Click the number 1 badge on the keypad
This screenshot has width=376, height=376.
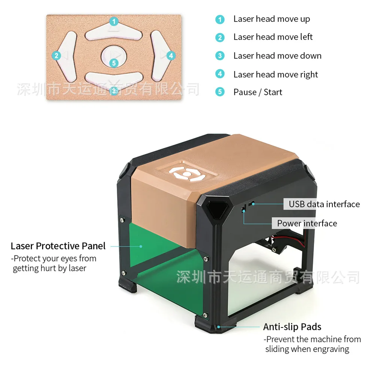(114, 21)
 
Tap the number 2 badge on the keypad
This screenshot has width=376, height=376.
(56, 56)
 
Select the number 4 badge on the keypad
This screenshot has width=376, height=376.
(171, 56)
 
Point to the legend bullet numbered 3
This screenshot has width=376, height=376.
(220, 56)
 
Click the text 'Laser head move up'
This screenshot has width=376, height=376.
(272, 19)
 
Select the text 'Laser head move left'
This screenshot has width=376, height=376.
(273, 37)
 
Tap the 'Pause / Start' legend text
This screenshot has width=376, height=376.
(258, 92)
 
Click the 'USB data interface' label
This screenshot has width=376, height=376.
(324, 204)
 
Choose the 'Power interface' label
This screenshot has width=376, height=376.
(307, 223)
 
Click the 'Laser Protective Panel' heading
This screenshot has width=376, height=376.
(58, 246)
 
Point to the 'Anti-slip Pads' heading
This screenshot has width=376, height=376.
(292, 326)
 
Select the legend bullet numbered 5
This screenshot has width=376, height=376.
(220, 92)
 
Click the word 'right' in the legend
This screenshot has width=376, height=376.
(309, 74)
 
